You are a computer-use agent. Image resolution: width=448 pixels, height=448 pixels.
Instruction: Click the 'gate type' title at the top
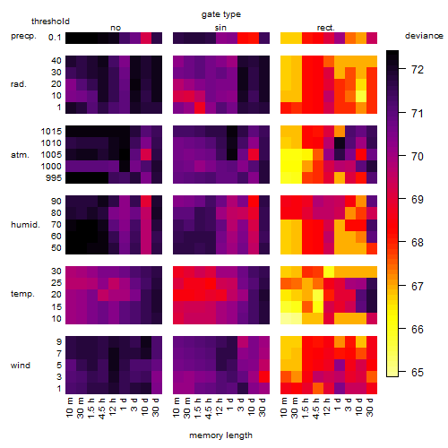(221, 14)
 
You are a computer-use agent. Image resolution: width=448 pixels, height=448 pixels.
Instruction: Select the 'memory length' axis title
(220, 435)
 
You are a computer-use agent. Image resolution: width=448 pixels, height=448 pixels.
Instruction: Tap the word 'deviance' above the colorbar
(424, 36)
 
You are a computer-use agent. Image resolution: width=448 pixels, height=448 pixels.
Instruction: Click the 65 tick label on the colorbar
(418, 373)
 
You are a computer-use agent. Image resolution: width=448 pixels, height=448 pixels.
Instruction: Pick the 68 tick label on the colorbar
(418, 243)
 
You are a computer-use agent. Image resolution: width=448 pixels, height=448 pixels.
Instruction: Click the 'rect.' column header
(325, 28)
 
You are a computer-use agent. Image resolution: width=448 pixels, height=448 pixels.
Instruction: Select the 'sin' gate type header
(220, 28)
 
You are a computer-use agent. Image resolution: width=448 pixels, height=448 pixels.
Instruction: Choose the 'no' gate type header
(116, 28)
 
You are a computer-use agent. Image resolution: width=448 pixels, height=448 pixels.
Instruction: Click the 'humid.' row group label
(25, 225)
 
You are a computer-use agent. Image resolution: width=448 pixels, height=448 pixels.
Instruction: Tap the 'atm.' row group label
(20, 155)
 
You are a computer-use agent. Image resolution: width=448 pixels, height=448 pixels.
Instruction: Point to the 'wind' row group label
(21, 366)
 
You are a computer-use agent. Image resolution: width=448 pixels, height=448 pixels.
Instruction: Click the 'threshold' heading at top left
(50, 22)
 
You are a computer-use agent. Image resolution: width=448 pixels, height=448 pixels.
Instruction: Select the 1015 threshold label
(51, 132)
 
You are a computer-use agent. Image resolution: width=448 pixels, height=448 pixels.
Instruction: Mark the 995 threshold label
(54, 178)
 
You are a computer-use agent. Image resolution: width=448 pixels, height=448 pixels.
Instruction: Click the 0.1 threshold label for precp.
(55, 38)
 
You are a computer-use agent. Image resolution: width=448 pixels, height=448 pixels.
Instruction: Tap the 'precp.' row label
(23, 36)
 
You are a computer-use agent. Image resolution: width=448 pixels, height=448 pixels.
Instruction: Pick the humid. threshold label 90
(56, 202)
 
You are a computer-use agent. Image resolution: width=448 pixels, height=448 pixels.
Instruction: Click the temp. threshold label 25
(56, 283)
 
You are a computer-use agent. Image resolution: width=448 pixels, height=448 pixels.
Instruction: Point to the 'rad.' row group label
(19, 84)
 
